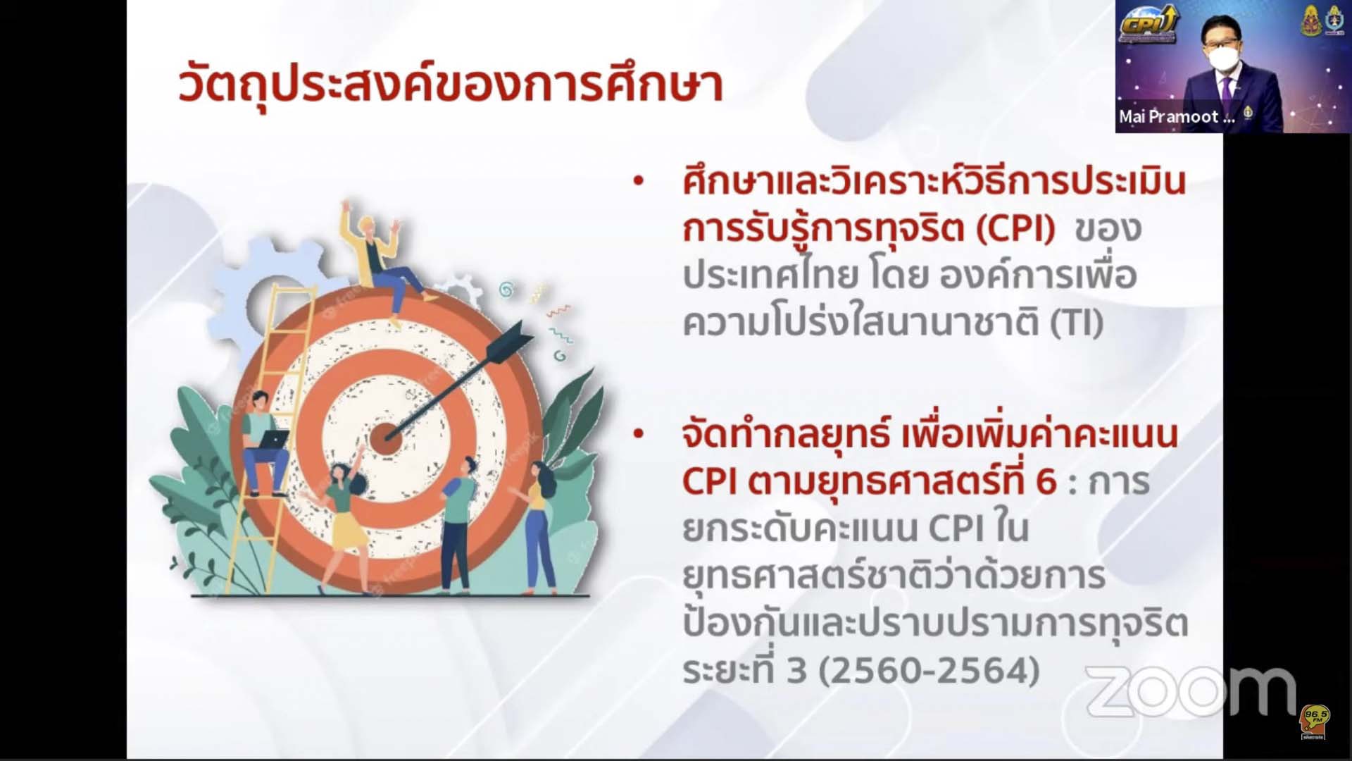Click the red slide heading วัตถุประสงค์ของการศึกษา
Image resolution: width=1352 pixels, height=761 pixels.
pyautogui.click(x=451, y=86)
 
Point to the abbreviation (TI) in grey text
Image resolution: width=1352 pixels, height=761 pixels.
pyautogui.click(x=1077, y=323)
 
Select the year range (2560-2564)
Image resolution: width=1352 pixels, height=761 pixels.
pyautogui.click(x=929, y=670)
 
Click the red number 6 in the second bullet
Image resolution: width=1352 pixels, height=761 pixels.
pyautogui.click(x=1046, y=482)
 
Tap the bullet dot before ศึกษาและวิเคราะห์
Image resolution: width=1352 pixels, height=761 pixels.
pyautogui.click(x=639, y=181)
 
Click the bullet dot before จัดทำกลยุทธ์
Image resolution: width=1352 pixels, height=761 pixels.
pyautogui.click(x=639, y=433)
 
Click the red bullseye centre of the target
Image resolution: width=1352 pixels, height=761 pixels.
pyautogui.click(x=385, y=438)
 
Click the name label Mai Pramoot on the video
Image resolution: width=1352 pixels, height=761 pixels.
pyautogui.click(x=1177, y=117)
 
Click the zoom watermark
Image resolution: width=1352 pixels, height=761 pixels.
pyautogui.click(x=1191, y=691)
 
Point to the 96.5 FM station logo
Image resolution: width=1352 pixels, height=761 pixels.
pyautogui.click(x=1314, y=721)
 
